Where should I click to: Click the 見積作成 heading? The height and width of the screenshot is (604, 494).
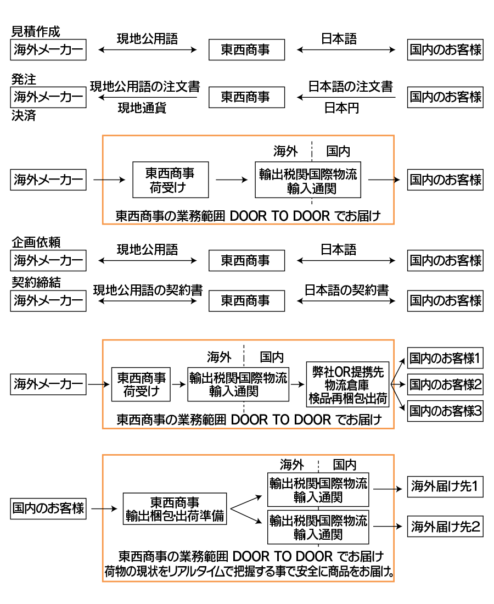(36, 32)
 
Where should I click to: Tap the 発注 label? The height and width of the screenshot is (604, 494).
(24, 80)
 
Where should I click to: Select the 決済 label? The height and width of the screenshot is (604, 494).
(24, 116)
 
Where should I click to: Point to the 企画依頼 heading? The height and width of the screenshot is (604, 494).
(36, 242)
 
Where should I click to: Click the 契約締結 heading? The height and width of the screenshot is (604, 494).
(36, 283)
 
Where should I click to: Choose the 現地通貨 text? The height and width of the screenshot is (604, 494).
(142, 108)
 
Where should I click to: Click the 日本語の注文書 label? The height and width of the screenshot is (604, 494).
(350, 87)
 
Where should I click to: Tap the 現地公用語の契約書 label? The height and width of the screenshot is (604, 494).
(148, 290)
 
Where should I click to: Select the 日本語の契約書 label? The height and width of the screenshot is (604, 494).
(346, 290)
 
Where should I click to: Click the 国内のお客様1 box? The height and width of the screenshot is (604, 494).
(445, 359)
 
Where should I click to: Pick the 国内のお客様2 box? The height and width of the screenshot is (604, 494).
(445, 384)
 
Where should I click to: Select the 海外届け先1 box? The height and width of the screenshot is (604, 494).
(445, 486)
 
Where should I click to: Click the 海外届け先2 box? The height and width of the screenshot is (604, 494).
(445, 528)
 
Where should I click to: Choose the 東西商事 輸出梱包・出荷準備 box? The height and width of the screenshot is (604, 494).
(175, 508)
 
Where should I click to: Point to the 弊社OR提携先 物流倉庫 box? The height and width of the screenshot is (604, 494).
(347, 384)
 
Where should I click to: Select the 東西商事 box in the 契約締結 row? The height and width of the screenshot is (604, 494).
(246, 300)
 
